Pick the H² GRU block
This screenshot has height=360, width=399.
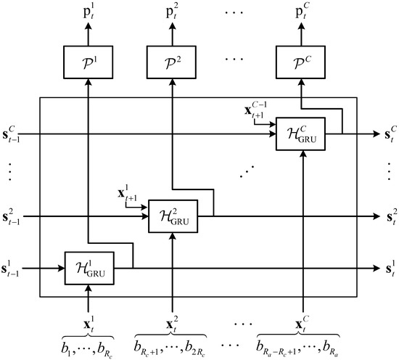tap(172, 216)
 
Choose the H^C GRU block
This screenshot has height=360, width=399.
tap(300, 134)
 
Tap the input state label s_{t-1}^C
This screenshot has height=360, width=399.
tap(15, 135)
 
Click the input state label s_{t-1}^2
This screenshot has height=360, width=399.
tap(15, 216)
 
